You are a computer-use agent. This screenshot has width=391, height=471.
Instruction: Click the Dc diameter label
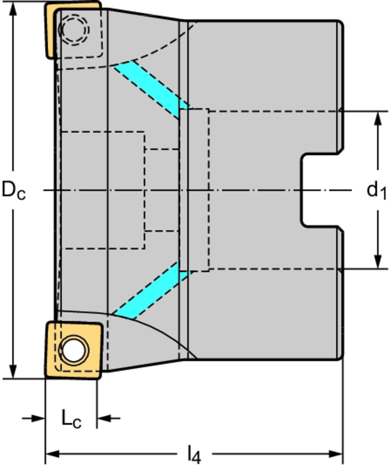coord(13,190)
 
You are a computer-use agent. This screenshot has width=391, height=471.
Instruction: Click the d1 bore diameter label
coord(376,190)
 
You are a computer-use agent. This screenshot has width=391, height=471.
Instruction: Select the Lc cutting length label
coord(71,419)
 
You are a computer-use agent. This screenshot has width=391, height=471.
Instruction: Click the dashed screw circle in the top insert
coord(74,29)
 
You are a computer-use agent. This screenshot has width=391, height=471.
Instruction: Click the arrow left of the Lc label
coord(38,418)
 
